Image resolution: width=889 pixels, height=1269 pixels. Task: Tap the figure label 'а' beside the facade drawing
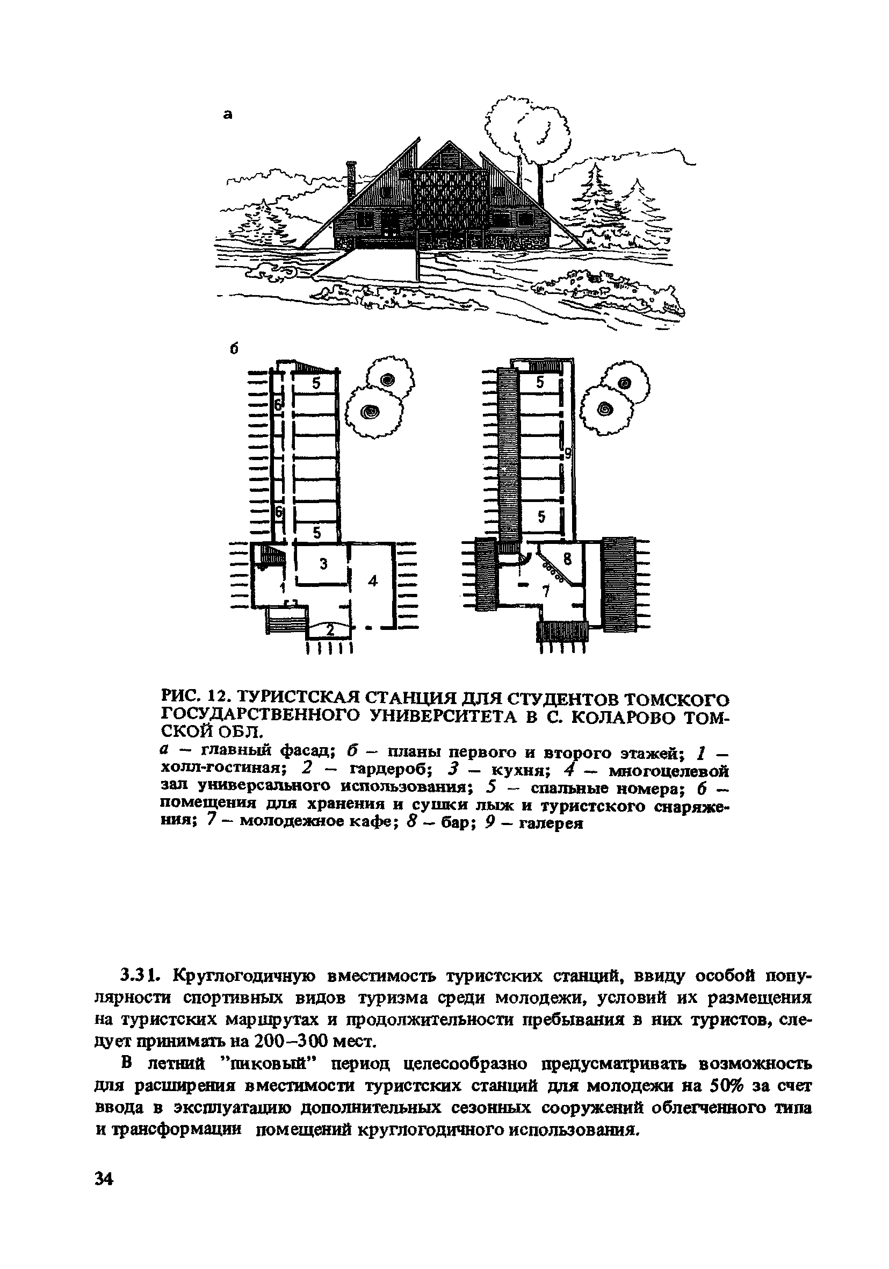pos(228,114)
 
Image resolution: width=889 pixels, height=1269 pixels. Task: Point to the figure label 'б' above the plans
pos(234,349)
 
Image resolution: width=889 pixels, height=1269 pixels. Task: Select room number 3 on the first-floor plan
pos(324,563)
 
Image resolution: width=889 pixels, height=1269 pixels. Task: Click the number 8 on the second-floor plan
pos(566,558)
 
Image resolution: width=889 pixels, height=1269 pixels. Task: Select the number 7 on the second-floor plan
pos(546,591)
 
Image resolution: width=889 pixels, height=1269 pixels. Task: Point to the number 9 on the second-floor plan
pos(567,454)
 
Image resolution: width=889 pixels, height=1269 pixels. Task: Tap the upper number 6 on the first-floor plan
pos(278,405)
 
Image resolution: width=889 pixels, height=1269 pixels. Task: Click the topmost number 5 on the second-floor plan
pos(540,382)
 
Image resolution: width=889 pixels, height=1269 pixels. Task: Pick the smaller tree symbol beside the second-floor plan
pos(624,383)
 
